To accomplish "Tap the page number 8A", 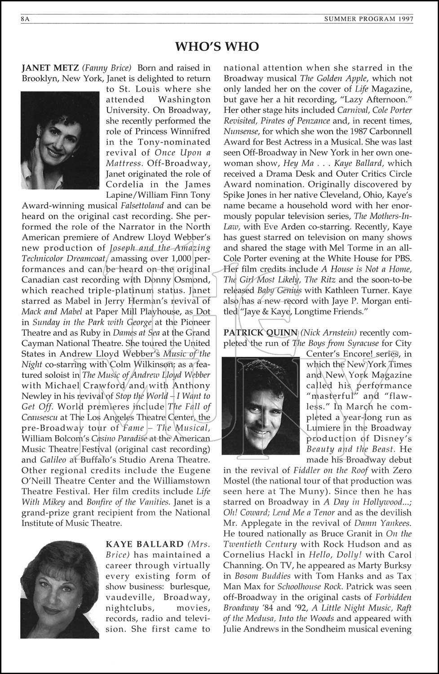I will point(25,19).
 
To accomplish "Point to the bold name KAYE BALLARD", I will point(144,544).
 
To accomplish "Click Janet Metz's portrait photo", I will point(60,140).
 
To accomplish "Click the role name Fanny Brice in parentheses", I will point(106,68).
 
